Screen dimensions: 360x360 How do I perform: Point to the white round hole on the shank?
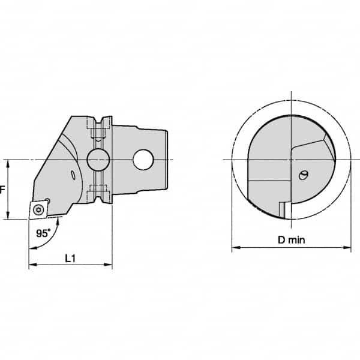144,159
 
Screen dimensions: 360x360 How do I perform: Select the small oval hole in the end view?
303,175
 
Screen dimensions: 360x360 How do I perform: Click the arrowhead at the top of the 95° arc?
58,221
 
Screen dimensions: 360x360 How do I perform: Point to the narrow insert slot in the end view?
281,210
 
